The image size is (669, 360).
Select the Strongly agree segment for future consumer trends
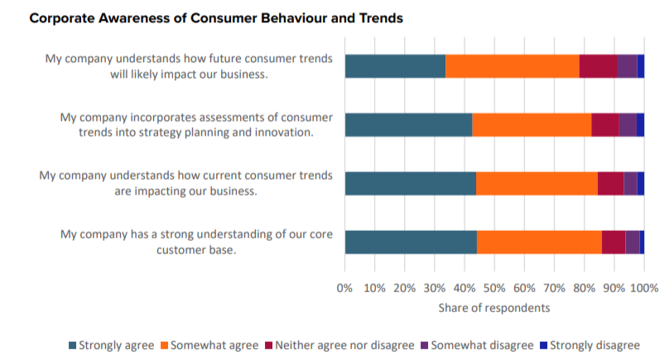[x=395, y=66]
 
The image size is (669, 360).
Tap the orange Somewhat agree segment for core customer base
[x=539, y=242]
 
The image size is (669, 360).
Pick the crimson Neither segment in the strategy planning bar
[x=605, y=125]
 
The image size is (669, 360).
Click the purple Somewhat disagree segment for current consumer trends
[x=630, y=184]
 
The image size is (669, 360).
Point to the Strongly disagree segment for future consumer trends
[x=641, y=66]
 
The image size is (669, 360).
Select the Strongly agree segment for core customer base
[x=411, y=242]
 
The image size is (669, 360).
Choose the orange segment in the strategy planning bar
[x=532, y=125]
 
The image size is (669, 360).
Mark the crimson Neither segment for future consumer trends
[x=598, y=66]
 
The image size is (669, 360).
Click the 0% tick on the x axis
[x=345, y=288]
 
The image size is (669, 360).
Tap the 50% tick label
[x=494, y=288]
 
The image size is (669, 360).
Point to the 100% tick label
[x=644, y=288]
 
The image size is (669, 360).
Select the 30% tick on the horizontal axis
[x=435, y=288]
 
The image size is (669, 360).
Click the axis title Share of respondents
[x=494, y=309]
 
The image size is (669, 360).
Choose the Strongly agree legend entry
[x=115, y=344]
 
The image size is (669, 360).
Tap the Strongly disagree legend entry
[x=589, y=344]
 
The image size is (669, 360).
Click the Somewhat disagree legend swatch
[x=425, y=344]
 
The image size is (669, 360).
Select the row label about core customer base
[x=196, y=242]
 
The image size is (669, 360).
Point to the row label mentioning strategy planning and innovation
[x=196, y=125]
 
